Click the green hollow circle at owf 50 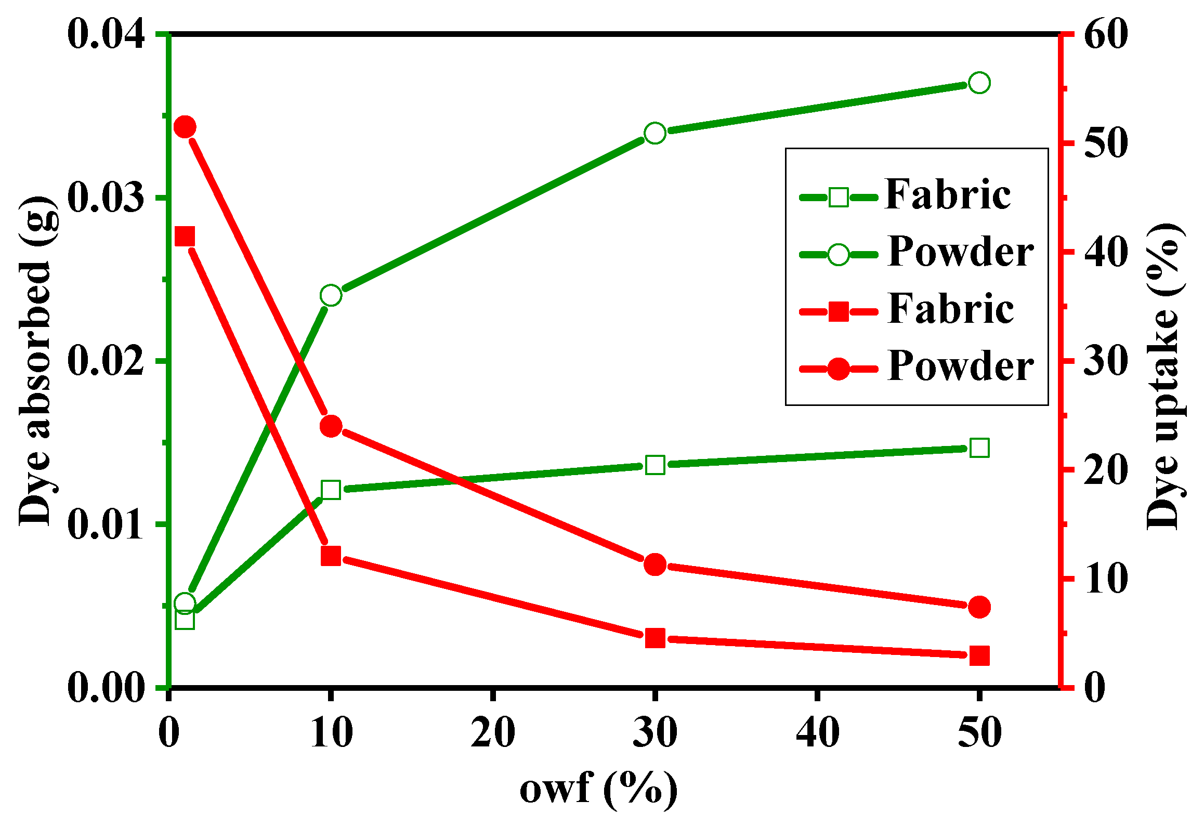click(x=979, y=83)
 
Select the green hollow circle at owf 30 click(x=655, y=134)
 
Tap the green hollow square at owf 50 click(x=979, y=448)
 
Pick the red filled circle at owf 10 click(x=331, y=427)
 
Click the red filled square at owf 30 click(x=655, y=638)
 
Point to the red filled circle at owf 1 click(x=185, y=127)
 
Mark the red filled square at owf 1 click(x=185, y=237)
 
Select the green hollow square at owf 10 click(x=331, y=490)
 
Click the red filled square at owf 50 click(x=979, y=655)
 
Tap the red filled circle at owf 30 click(x=655, y=565)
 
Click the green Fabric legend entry click(x=905, y=196)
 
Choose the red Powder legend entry click(x=915, y=368)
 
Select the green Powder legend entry click(x=915, y=254)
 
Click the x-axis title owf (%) click(x=599, y=789)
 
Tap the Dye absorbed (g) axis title click(x=35, y=361)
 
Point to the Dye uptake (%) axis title click(x=1164, y=376)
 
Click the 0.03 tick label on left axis click(x=106, y=198)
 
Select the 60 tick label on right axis click(x=1105, y=35)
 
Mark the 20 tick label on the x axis click(x=493, y=733)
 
